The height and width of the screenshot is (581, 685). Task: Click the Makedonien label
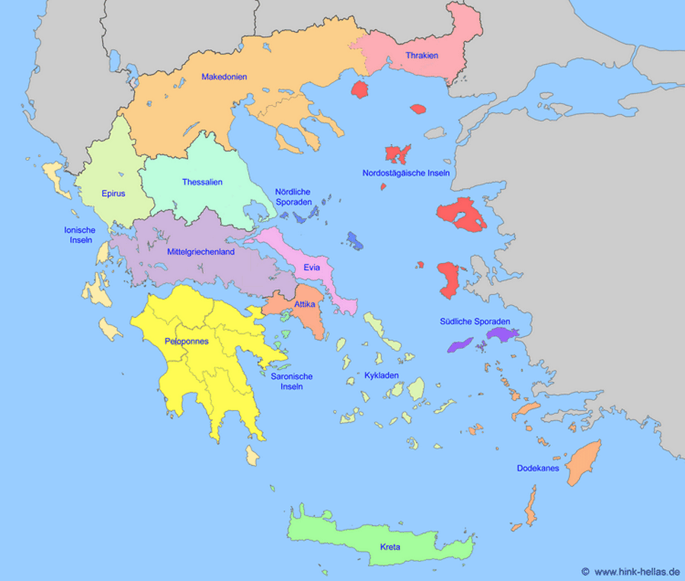[x=224, y=76]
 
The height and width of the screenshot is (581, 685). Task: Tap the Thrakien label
[x=421, y=55]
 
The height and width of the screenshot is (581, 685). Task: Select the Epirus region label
[x=113, y=193]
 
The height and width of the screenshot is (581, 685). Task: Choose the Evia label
[x=311, y=268]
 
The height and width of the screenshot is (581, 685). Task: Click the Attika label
[x=293, y=304]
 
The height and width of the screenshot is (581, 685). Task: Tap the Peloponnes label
[x=186, y=342]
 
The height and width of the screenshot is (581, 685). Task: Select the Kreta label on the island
[x=390, y=547]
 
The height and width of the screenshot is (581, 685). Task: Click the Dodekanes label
[x=538, y=468]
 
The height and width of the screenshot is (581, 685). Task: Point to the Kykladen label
[x=381, y=376]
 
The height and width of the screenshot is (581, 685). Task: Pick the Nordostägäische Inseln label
[x=405, y=173]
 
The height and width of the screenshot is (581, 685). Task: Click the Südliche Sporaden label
[x=474, y=321]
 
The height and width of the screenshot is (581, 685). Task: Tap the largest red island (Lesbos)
[x=462, y=215]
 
